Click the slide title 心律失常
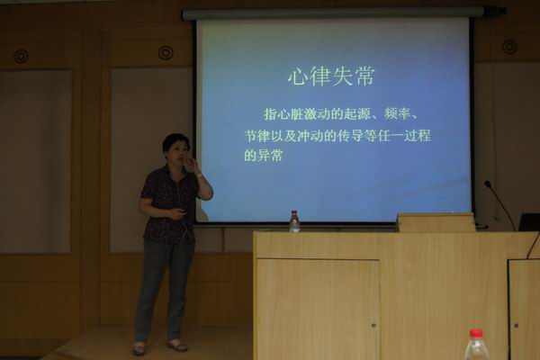331,76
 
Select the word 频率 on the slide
397,113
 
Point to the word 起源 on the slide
356,113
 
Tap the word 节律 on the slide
256,136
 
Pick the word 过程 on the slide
418,136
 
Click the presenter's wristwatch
200,175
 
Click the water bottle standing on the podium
294,220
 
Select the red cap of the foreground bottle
476,333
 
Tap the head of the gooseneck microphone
487,184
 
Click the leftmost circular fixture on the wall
21,56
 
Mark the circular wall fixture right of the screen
509,47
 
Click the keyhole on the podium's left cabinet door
373,325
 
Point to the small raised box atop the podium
436,222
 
